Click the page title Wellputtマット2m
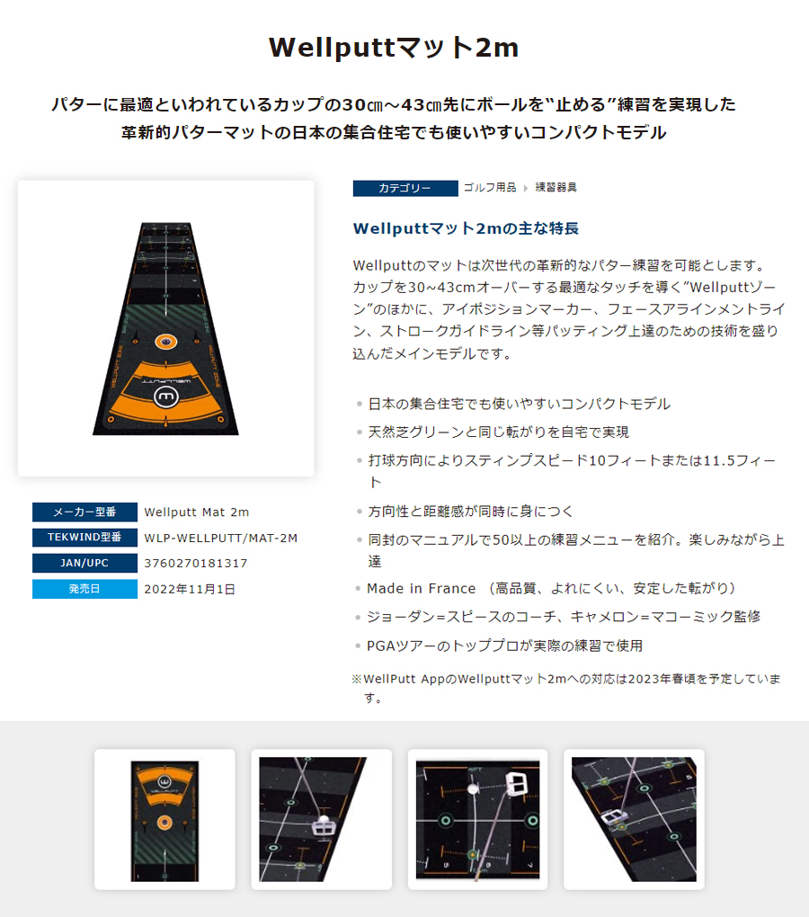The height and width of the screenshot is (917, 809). point(394,48)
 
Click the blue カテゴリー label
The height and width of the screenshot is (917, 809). point(405,188)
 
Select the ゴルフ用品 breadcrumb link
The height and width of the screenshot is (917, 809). point(490,187)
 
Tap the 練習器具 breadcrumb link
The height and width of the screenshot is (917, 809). point(556,187)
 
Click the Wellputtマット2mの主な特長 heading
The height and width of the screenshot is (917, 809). point(466,228)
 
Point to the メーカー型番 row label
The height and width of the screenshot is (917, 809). point(84,512)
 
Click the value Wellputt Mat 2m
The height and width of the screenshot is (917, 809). point(197,512)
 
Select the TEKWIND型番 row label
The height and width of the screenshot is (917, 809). point(84,538)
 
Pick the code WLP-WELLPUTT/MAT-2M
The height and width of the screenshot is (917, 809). point(220,538)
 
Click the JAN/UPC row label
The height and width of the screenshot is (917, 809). point(84,563)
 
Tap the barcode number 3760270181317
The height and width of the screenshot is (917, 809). point(196,563)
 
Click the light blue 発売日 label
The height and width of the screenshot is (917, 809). point(84,589)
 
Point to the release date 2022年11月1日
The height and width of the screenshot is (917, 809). point(190,589)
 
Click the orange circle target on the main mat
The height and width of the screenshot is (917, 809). point(164,342)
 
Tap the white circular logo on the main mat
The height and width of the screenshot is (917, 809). point(165,396)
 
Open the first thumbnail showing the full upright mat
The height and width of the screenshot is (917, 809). point(164,819)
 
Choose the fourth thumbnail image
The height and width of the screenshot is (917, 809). point(634,819)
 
